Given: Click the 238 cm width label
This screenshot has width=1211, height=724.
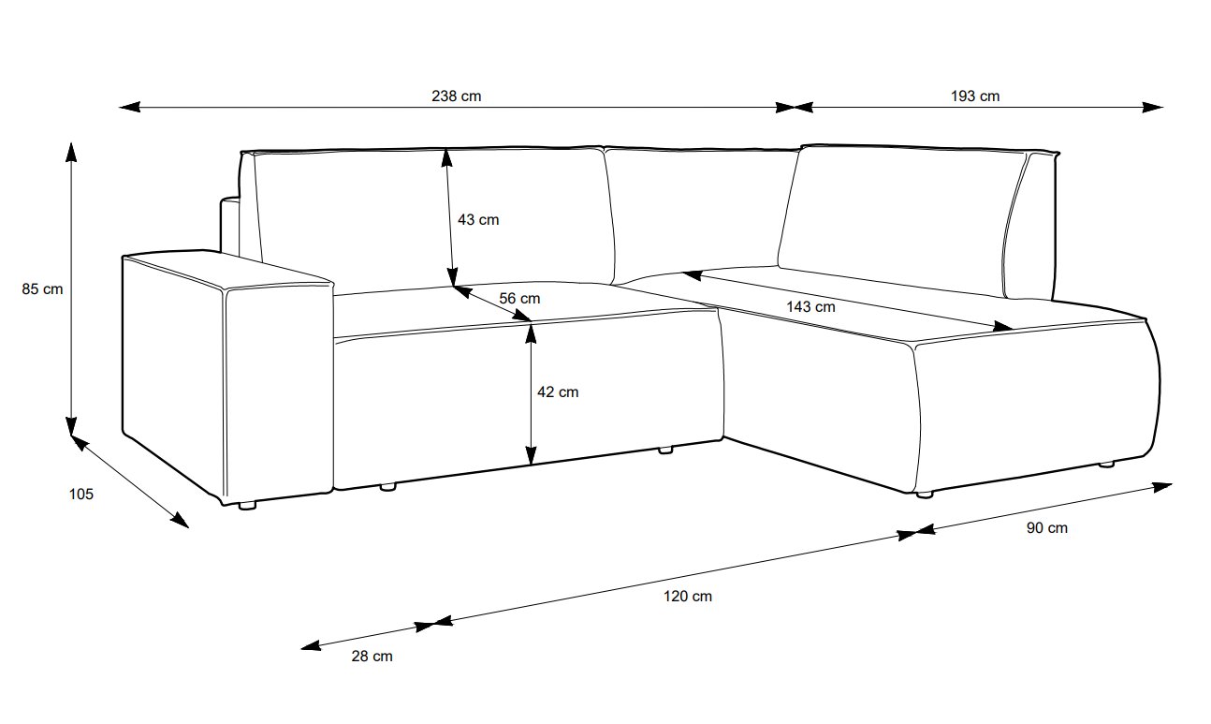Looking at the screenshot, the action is [456, 96].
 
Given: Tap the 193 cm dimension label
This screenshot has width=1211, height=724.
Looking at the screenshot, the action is [975, 96].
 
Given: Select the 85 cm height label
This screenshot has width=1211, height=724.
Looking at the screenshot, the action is [42, 289].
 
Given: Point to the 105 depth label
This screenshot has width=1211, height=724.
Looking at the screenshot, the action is [81, 494].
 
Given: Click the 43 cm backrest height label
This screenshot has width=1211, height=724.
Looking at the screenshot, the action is [478, 220].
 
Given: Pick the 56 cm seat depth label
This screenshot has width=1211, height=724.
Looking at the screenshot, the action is [519, 298].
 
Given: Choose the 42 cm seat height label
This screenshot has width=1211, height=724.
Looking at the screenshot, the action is [558, 392].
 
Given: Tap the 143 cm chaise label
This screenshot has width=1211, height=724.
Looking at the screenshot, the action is [810, 307].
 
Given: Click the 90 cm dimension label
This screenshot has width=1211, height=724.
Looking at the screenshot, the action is [1046, 528].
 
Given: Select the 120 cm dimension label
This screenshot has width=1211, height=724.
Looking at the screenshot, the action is [688, 597].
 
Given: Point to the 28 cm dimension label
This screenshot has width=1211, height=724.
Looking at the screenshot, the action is [372, 657].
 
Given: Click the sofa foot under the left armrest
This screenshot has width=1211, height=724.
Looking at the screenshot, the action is [247, 506].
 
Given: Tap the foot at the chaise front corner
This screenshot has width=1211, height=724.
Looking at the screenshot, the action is [925, 494].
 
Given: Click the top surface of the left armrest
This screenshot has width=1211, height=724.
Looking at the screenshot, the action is [227, 270].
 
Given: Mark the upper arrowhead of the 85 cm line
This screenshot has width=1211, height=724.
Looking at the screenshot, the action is [71, 152].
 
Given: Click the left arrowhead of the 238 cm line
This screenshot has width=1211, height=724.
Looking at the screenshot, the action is [130, 107].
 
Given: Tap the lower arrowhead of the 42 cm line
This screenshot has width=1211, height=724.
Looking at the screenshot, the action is [531, 455].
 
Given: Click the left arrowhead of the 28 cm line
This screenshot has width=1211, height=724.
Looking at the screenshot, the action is [311, 645].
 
